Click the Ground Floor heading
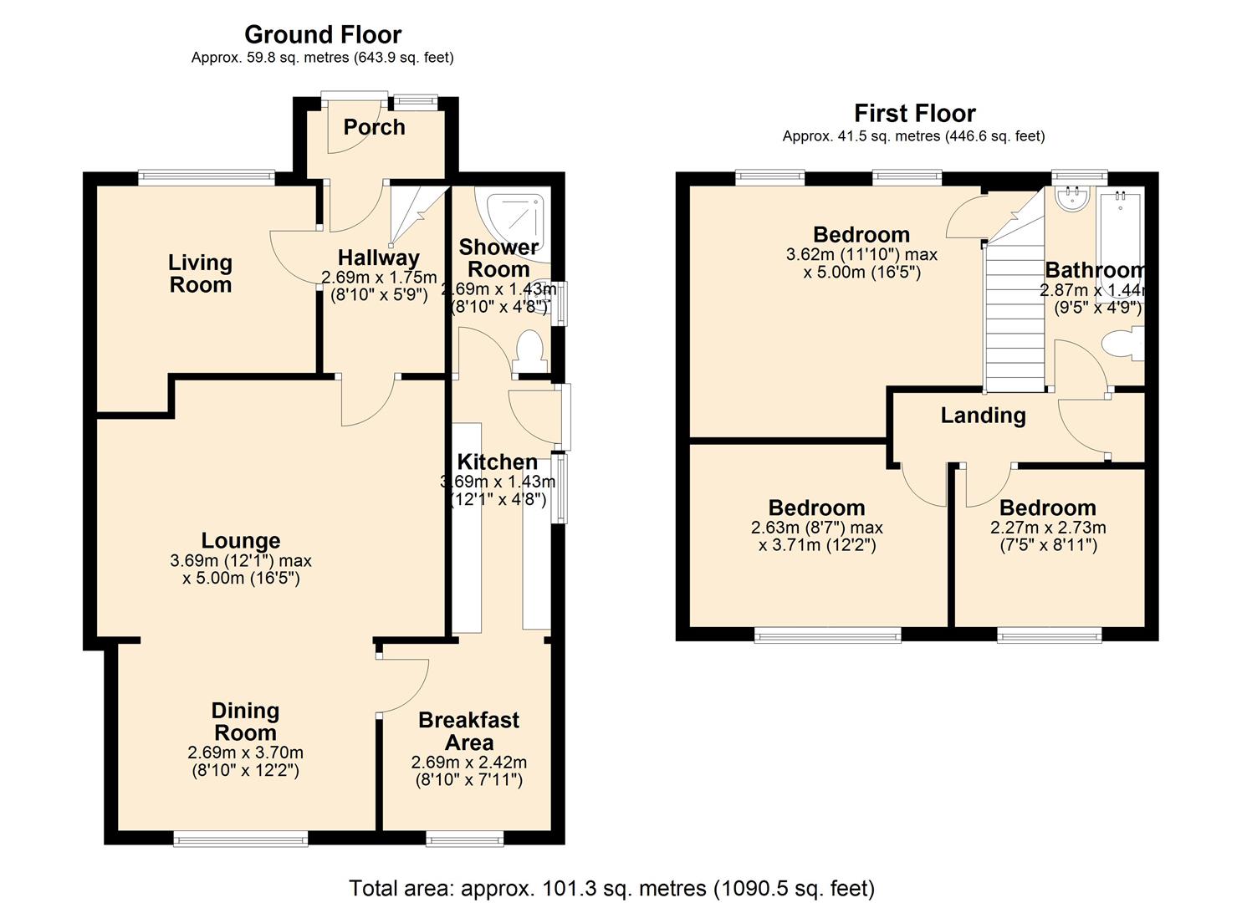coord(323,35)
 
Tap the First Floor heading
coord(914,114)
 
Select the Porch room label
coord(374,127)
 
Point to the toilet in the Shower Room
coord(530,351)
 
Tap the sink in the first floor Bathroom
coord(1072,199)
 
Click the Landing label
coord(983,416)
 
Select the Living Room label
coord(200,274)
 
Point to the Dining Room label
coord(245,722)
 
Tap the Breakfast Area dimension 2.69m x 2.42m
coord(469,763)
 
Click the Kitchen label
coord(498,462)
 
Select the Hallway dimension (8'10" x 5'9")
coord(379,294)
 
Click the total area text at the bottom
coord(611,873)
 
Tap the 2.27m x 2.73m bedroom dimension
coord(1048,527)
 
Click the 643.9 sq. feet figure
coord(402,57)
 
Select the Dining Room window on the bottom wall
coord(241,839)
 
